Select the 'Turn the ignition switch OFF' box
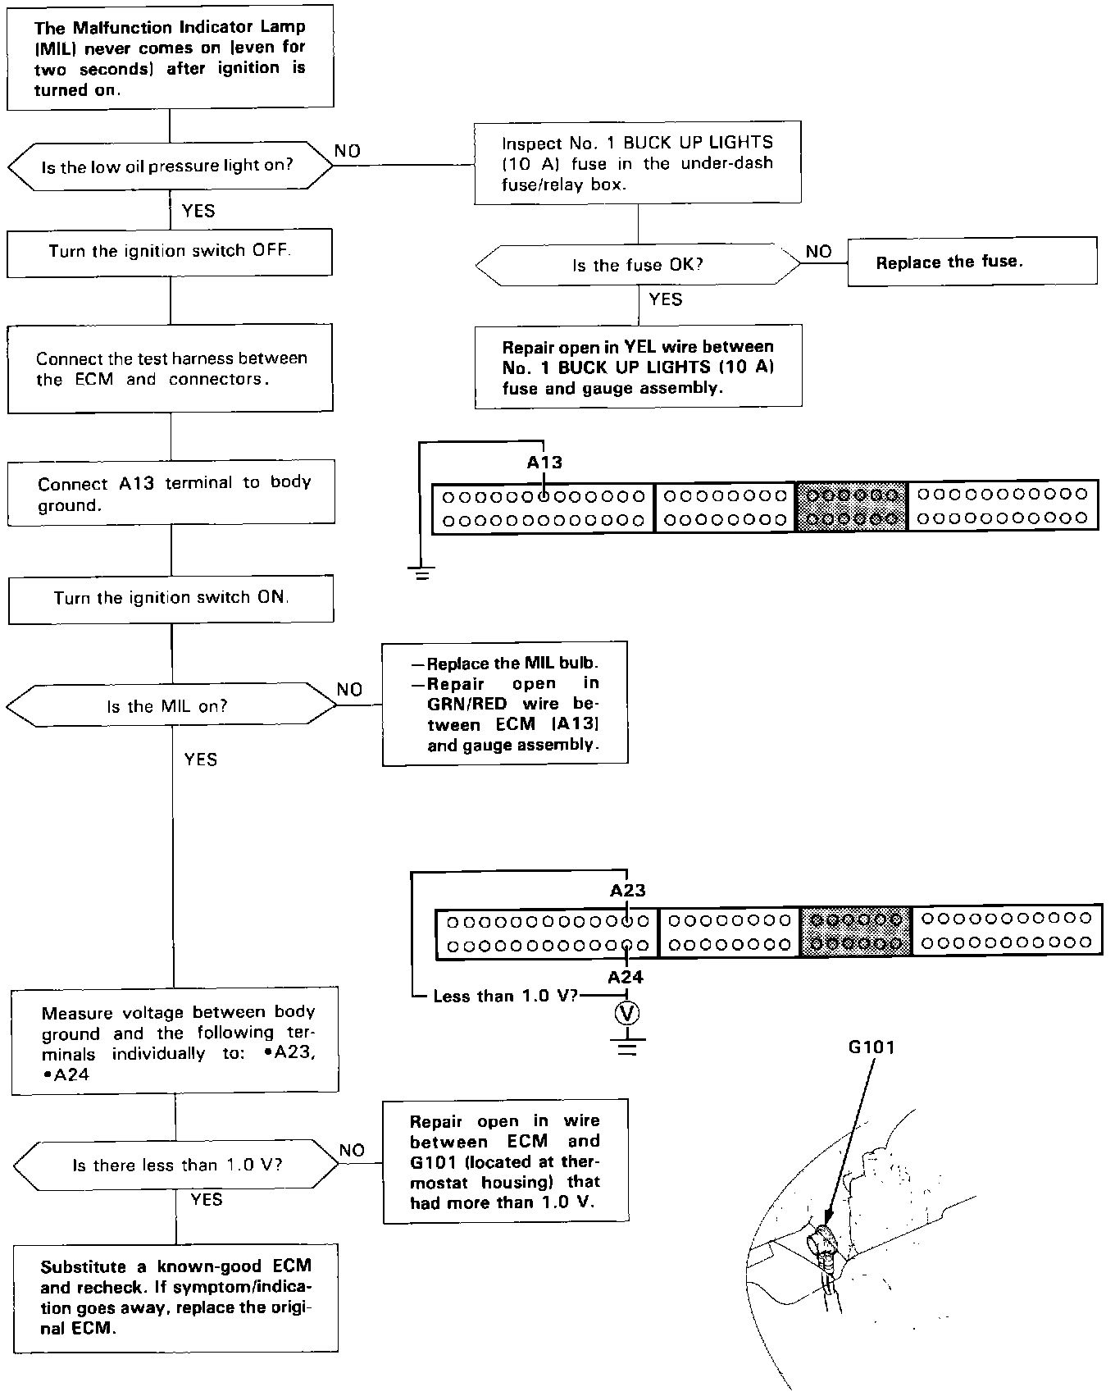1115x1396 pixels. (170, 252)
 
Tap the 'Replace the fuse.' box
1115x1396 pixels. (972, 262)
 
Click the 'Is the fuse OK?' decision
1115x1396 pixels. (638, 265)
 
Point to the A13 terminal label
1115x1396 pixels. (544, 463)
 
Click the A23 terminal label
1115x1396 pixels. (627, 890)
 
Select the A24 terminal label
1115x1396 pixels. (626, 977)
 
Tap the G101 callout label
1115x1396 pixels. (871, 1047)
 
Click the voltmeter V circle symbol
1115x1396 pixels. (627, 1015)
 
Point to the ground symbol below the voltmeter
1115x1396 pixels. (627, 1045)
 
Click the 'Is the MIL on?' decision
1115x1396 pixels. (171, 706)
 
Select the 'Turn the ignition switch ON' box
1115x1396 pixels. (171, 598)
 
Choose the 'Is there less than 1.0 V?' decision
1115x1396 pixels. (176, 1166)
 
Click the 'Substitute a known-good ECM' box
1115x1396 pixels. (175, 1298)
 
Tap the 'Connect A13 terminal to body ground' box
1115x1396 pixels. (171, 492)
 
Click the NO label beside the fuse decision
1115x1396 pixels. (818, 252)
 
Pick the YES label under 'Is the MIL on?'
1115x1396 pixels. (201, 760)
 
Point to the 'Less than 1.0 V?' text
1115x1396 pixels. (505, 997)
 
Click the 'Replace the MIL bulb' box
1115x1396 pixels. (505, 704)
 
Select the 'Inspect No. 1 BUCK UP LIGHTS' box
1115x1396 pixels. (638, 162)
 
